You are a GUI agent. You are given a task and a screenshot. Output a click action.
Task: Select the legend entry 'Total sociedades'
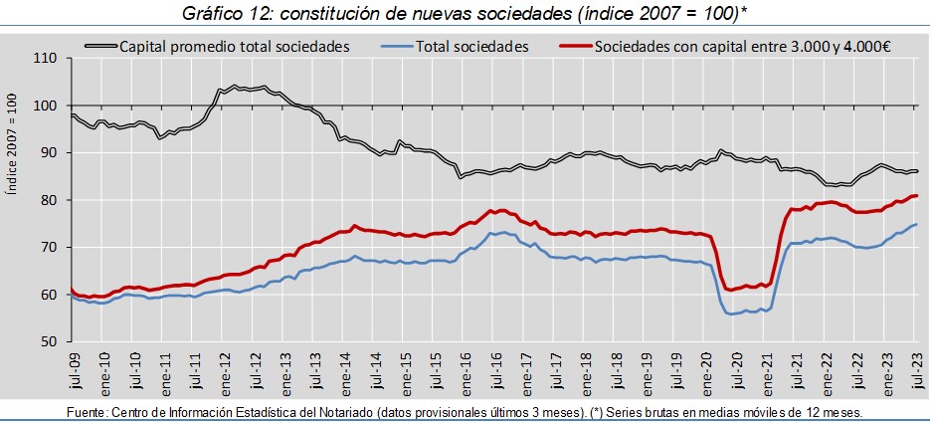click(x=472, y=46)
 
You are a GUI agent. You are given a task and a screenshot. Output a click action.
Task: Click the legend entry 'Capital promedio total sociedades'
click(x=234, y=46)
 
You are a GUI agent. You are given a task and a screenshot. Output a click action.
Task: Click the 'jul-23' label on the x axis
click(x=917, y=371)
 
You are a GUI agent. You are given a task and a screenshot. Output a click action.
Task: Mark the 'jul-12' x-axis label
click(x=254, y=371)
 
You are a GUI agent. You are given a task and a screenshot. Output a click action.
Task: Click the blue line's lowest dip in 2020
click(x=732, y=315)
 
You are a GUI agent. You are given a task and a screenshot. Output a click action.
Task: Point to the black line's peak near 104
click(x=234, y=86)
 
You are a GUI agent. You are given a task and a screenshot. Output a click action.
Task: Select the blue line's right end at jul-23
click(x=916, y=224)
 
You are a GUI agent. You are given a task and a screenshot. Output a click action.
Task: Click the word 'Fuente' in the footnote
click(x=86, y=412)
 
